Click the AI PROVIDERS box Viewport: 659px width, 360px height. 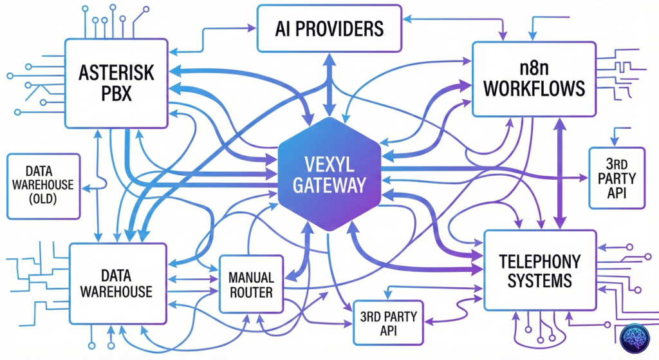coord(329,28)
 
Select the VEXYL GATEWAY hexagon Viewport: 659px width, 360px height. coord(329,174)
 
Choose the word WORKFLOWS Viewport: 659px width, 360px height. coord(534,88)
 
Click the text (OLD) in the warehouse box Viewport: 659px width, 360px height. coord(42,200)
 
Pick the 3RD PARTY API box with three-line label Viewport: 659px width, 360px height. coord(617,178)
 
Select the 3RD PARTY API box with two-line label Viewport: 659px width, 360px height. coord(388,322)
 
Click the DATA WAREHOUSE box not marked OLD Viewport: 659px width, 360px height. coord(116,283)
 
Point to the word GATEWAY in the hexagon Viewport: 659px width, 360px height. coord(329,185)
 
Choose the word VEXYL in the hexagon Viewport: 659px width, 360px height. coord(329,162)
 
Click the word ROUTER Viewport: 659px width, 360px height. coord(251,293)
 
